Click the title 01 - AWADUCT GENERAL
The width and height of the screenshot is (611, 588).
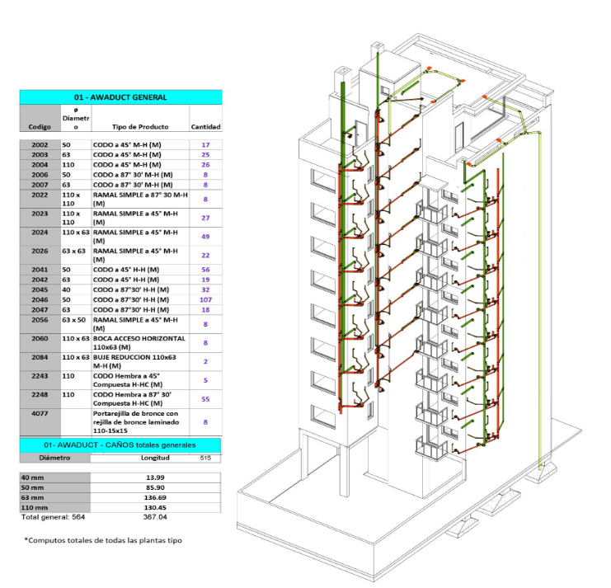pyautogui.click(x=120, y=97)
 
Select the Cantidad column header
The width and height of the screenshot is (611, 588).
pyautogui.click(x=205, y=127)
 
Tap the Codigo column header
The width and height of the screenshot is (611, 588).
pyautogui.click(x=40, y=127)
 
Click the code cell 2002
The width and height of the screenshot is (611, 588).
pyautogui.click(x=40, y=145)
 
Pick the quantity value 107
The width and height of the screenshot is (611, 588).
pyautogui.click(x=205, y=300)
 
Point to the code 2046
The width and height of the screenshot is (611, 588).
pyautogui.click(x=40, y=300)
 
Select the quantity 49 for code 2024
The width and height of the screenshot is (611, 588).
pyautogui.click(x=205, y=237)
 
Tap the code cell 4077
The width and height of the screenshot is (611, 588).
pyautogui.click(x=40, y=413)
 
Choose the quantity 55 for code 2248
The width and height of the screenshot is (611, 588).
pyautogui.click(x=205, y=399)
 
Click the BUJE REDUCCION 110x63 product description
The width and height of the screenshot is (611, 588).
pyautogui.click(x=134, y=361)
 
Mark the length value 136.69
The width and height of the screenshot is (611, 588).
pyautogui.click(x=155, y=497)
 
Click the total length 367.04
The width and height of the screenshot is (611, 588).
pyautogui.click(x=155, y=517)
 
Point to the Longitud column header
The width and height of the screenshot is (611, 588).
pyautogui.click(x=155, y=458)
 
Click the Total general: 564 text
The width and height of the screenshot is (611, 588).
pyautogui.click(x=53, y=517)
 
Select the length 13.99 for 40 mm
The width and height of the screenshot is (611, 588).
pyautogui.click(x=155, y=477)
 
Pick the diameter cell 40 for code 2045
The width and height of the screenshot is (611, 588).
pyautogui.click(x=66, y=290)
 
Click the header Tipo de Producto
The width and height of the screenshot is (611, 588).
pyautogui.click(x=140, y=127)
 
